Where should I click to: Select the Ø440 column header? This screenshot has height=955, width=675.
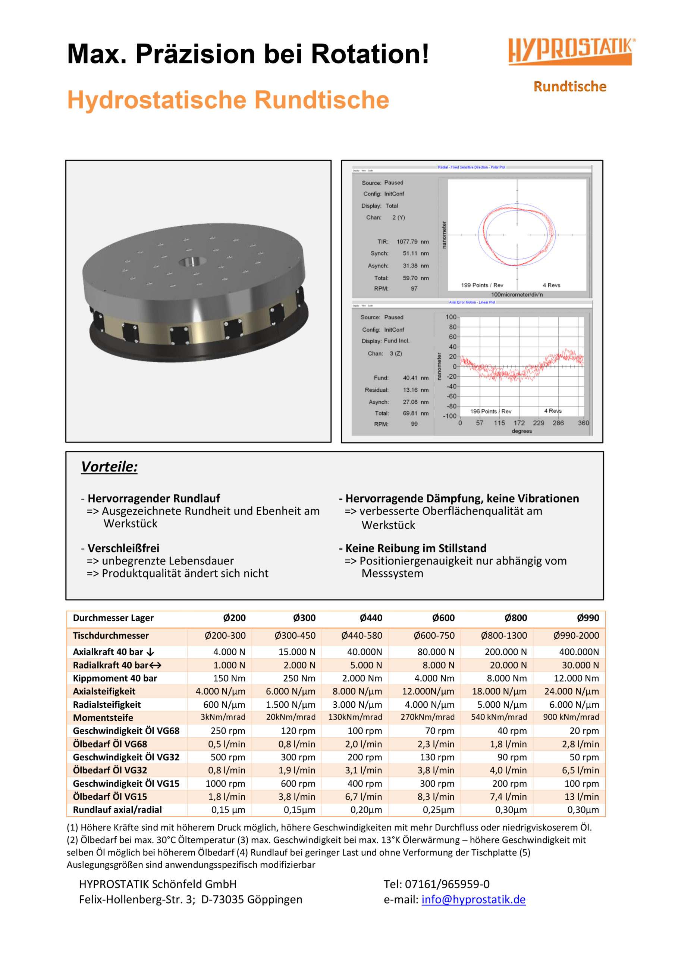click(371, 618)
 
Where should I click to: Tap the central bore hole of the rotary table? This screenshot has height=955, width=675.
click(192, 262)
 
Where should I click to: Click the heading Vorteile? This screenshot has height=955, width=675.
click(109, 467)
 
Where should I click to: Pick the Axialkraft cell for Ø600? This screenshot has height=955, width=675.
click(436, 652)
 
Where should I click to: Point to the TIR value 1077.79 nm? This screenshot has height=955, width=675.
click(412, 242)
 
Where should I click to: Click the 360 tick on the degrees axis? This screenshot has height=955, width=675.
click(583, 423)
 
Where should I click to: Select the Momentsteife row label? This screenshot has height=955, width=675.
click(103, 717)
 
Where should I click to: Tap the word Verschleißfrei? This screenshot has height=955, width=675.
click(123, 548)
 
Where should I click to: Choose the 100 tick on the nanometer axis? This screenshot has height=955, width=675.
click(451, 317)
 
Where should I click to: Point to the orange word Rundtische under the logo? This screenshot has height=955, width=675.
click(569, 87)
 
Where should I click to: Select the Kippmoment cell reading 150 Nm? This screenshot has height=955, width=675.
click(229, 679)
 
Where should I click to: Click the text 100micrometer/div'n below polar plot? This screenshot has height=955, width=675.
click(517, 294)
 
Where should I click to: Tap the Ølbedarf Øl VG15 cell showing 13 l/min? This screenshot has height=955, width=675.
click(581, 796)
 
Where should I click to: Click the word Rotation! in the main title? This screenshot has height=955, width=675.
click(370, 54)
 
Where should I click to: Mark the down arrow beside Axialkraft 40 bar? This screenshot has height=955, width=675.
click(150, 652)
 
